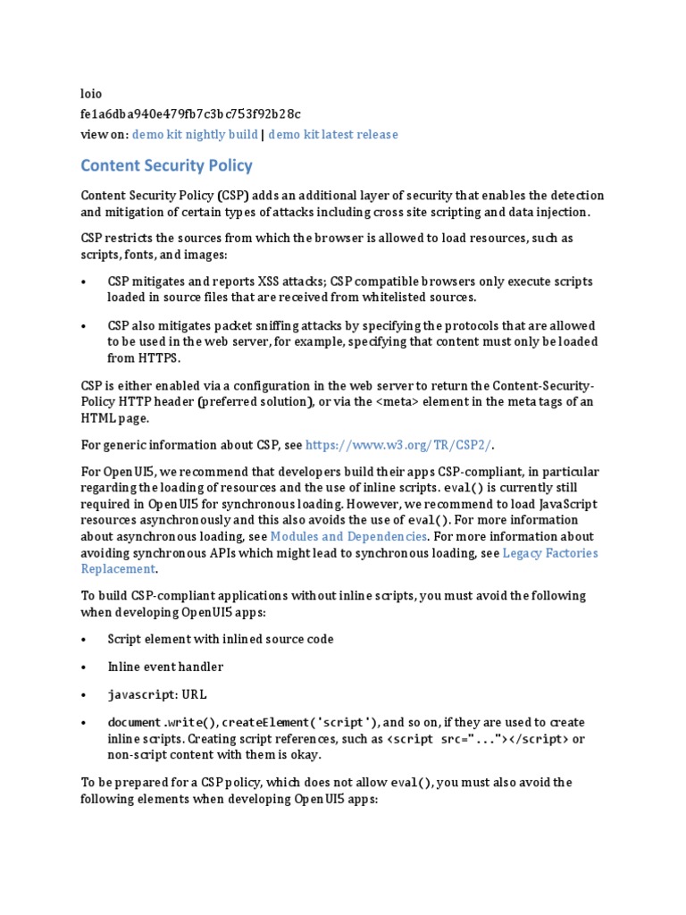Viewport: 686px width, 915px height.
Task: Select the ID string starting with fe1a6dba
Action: (x=190, y=113)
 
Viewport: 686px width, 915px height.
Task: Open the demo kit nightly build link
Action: (x=196, y=134)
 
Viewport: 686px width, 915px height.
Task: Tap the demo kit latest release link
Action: (x=333, y=134)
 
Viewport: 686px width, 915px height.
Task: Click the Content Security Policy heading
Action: (x=166, y=165)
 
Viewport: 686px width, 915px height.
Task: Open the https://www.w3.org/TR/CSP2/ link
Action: (x=399, y=445)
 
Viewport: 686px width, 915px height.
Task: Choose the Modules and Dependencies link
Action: (x=349, y=536)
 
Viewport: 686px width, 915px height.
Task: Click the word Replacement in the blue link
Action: (x=118, y=568)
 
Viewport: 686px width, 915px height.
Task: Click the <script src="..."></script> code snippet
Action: (x=478, y=739)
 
